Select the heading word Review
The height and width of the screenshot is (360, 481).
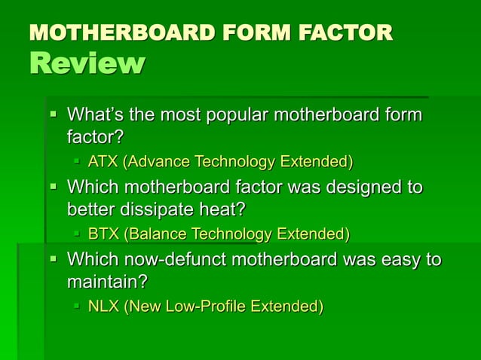coord(86,64)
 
